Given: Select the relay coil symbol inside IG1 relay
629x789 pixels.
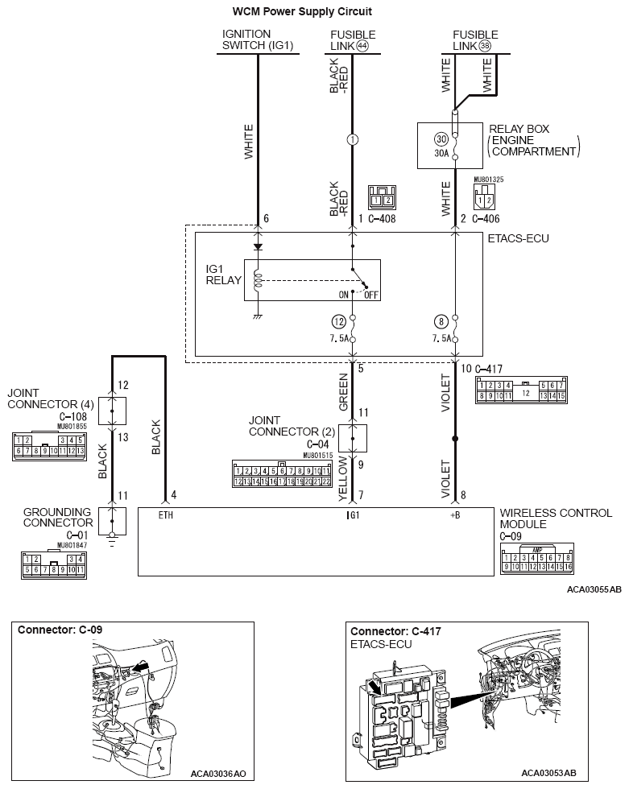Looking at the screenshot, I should point(257,280).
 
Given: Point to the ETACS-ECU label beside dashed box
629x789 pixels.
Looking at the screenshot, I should point(518,239).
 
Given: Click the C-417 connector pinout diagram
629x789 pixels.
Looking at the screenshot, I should point(515,390).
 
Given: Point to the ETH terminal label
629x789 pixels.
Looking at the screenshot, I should point(166,513).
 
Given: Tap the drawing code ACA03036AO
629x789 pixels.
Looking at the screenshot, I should point(218,774).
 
